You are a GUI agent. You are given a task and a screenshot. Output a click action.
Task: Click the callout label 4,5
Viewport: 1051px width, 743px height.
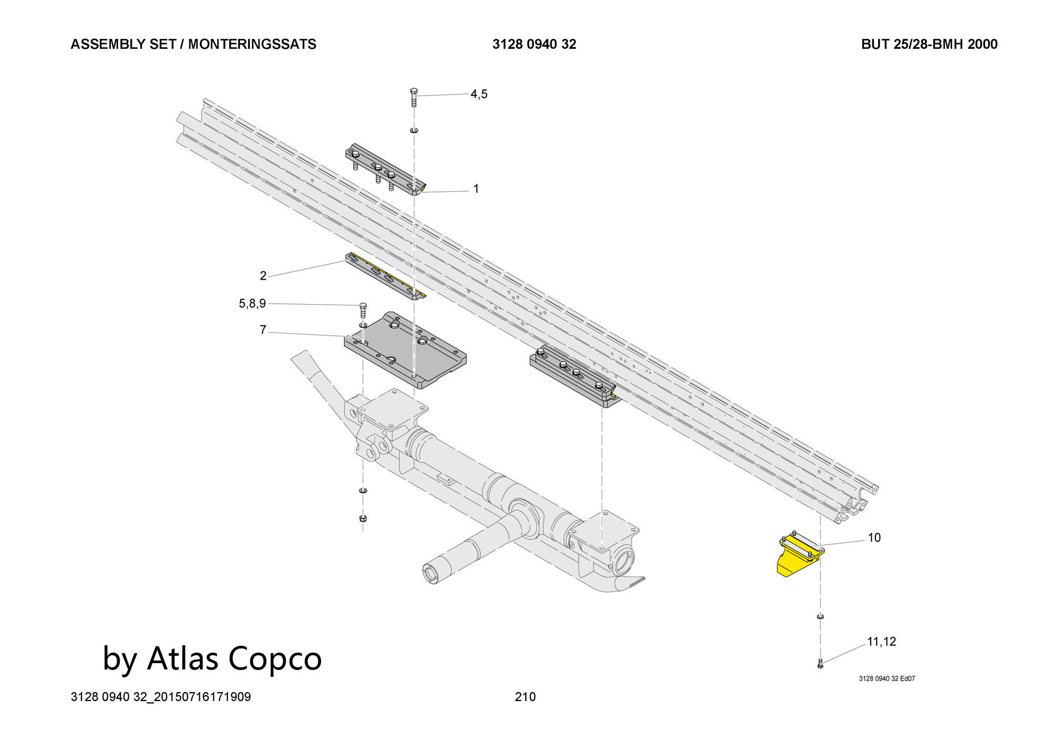(479, 94)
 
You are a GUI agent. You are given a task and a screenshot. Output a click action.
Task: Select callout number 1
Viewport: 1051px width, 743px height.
(476, 189)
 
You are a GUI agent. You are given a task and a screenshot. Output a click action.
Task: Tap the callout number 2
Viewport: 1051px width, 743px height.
(263, 275)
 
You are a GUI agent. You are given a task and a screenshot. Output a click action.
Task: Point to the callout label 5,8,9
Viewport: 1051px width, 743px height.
(252, 303)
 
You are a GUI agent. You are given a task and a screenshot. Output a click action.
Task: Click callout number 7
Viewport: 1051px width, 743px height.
(263, 330)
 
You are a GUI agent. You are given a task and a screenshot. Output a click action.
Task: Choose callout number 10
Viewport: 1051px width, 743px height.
(874, 538)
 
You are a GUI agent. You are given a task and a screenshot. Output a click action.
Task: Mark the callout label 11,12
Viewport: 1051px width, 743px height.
(881, 642)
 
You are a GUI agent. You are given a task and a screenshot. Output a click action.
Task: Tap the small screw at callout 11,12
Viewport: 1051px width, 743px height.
(820, 665)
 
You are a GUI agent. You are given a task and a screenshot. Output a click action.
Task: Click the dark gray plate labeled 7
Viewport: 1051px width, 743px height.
(405, 352)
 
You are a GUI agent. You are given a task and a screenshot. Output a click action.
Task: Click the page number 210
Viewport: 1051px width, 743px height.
(525, 697)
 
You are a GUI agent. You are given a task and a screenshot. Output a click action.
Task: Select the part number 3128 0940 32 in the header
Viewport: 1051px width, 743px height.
(534, 44)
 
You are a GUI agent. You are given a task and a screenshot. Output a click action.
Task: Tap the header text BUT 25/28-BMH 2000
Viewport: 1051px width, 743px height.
(929, 44)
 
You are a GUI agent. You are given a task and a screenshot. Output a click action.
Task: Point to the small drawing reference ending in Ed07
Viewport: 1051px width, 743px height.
(887, 678)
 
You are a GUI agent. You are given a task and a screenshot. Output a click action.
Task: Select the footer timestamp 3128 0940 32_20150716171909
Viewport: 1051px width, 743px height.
(161, 697)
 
